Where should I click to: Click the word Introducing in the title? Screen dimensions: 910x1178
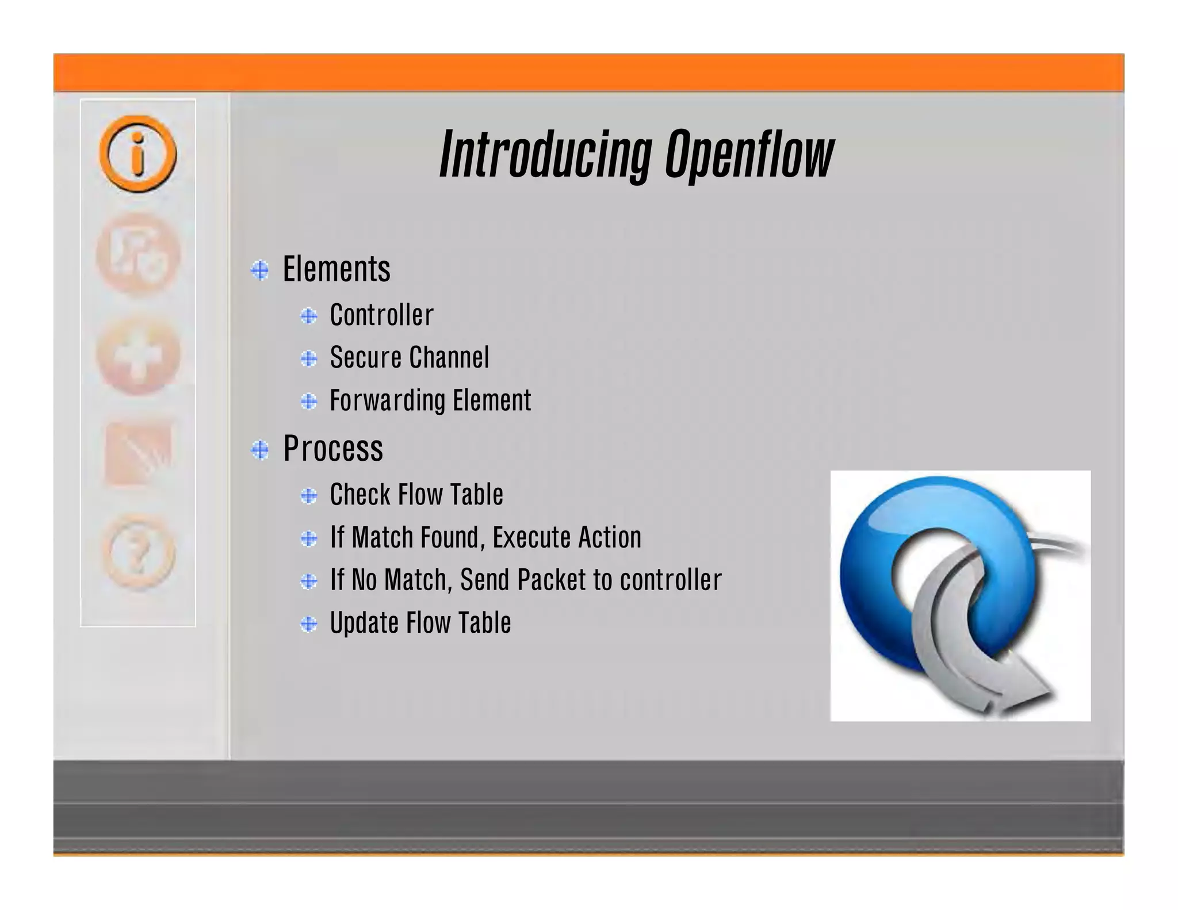coord(545,154)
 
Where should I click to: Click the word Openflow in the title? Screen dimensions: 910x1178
coord(749,154)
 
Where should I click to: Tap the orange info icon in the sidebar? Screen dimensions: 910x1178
coord(138,154)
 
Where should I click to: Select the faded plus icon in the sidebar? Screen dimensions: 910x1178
coord(138,355)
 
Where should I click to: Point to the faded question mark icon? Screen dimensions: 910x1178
coord(138,552)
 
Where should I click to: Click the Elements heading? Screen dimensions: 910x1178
coord(336,269)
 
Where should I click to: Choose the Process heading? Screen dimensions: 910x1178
coord(333,449)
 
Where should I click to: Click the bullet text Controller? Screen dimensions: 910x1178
coord(381,315)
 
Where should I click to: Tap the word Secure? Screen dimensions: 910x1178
coord(365,358)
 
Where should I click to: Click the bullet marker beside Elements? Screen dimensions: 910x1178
coord(260,270)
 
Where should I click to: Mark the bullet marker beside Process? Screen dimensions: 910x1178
coord(260,449)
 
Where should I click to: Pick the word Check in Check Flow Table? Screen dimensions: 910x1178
coord(359,495)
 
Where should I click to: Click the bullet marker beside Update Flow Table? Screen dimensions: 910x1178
coord(309,624)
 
